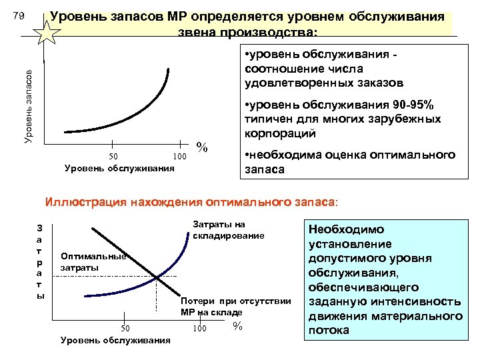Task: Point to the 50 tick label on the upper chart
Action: (113, 156)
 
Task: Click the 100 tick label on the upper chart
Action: (179, 156)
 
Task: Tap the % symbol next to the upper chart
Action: (203, 147)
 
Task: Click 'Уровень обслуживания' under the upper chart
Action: (119, 168)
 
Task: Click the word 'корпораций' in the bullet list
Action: (280, 134)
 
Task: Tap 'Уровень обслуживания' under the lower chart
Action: (115, 341)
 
